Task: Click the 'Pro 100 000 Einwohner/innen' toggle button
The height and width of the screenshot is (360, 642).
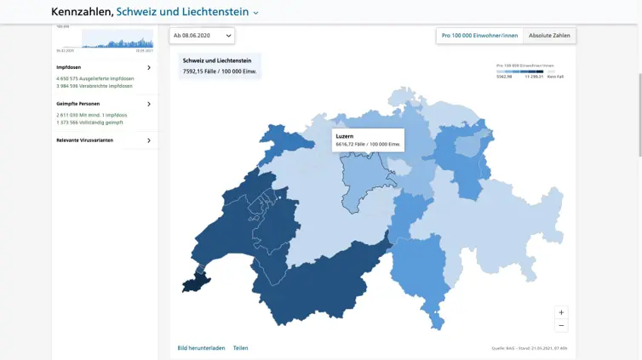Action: (479, 36)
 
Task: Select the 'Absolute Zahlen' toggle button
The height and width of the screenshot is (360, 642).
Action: (549, 36)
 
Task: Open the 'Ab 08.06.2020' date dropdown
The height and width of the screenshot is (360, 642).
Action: (203, 36)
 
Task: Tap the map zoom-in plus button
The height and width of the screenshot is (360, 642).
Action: (561, 312)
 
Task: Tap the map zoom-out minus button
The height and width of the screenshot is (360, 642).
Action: (561, 325)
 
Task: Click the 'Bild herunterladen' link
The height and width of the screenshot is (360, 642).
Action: (201, 348)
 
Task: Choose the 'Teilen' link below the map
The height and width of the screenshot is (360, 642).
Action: (241, 348)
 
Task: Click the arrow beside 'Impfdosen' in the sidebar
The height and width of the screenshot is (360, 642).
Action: (149, 67)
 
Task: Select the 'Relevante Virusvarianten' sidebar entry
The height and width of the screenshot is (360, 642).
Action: (84, 140)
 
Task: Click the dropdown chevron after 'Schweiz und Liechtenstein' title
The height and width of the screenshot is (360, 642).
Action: (255, 13)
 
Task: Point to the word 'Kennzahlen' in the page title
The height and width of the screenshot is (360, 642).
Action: (81, 12)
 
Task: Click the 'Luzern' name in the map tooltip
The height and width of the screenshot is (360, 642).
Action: (344, 136)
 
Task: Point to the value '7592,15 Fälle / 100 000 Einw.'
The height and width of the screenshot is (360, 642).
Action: (220, 71)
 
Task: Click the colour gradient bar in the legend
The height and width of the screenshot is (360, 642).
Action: (519, 71)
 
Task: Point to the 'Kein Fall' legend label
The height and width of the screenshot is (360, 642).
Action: (554, 77)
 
